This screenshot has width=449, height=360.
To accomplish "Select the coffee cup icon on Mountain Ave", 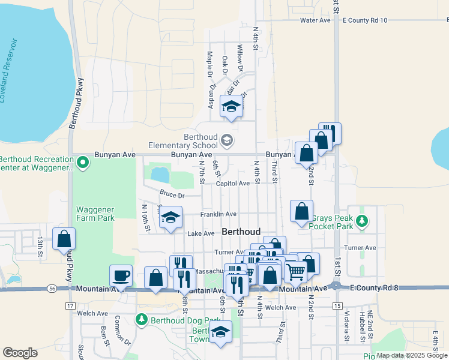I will pos(121,276).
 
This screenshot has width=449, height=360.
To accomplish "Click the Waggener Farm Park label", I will pos(95,214).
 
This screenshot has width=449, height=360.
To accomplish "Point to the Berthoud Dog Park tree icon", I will pos(142,319).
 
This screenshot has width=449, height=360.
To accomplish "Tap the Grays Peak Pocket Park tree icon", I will pos(362,221).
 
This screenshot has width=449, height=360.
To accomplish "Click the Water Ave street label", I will pos(315,20).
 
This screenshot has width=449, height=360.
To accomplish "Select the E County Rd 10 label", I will pos(364,20).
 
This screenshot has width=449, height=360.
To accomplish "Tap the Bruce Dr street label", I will pos(172,194).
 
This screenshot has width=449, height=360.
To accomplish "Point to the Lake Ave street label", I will pos(200,233).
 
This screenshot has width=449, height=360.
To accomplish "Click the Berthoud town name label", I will pos(241,232).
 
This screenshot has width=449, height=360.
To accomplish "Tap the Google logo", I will pos(20,353).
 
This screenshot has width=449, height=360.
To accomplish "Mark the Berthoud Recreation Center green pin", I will pos(83,161).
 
